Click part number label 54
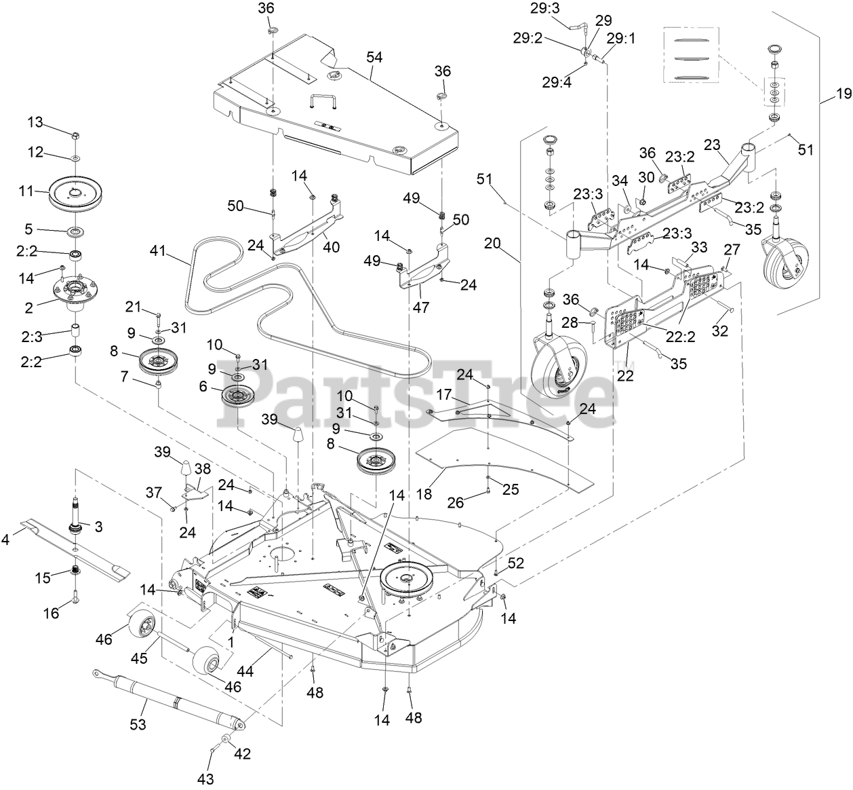pyautogui.click(x=375, y=58)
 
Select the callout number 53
pyautogui.click(x=138, y=726)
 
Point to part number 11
pyautogui.click(x=26, y=192)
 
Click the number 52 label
pyautogui.click(x=516, y=563)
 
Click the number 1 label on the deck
pyautogui.click(x=233, y=640)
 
